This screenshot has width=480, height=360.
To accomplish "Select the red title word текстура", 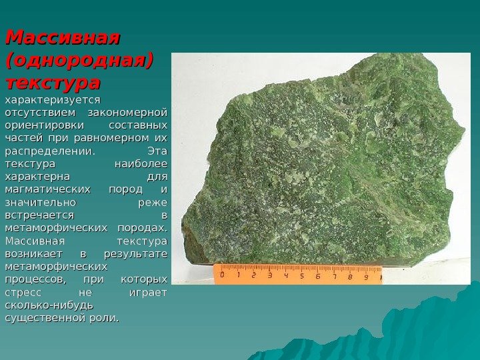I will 53,83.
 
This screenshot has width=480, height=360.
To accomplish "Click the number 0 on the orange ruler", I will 222,274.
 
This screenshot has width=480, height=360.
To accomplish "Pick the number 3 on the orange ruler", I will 269,275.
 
